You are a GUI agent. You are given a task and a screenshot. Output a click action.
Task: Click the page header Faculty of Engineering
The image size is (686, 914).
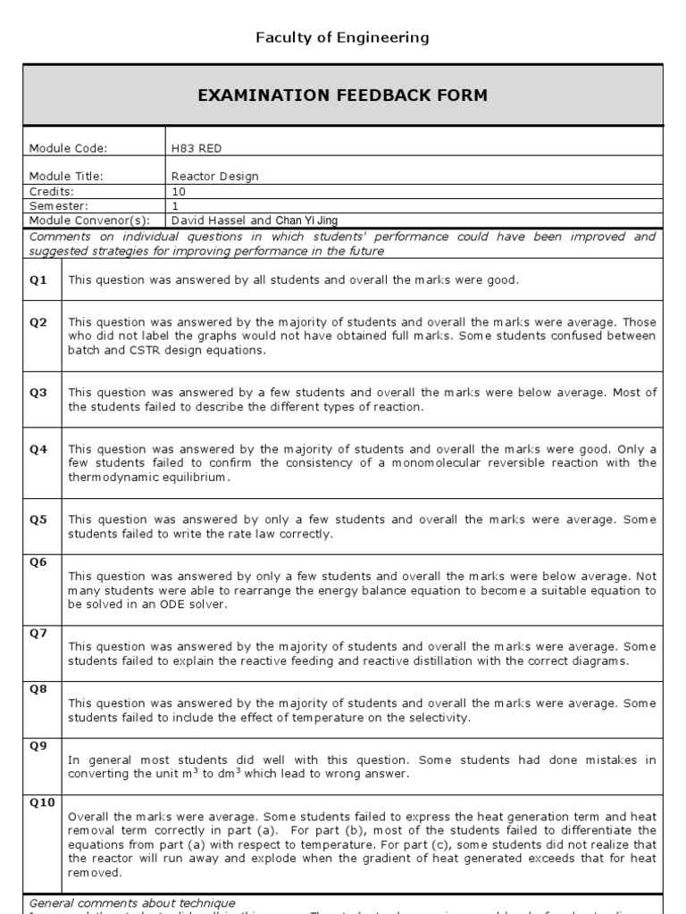click(x=343, y=37)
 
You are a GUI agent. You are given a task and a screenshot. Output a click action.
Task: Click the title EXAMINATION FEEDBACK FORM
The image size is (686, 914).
click(x=343, y=96)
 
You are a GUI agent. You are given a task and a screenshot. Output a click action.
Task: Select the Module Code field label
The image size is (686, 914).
click(x=69, y=147)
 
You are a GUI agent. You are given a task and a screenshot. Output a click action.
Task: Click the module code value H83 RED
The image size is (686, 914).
click(x=195, y=147)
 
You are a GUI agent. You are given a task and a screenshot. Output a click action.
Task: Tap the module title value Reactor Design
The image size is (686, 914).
click(x=214, y=176)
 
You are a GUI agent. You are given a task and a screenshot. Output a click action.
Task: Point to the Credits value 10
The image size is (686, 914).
click(x=178, y=191)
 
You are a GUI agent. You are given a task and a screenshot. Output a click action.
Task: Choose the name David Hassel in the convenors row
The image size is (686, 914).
click(x=207, y=220)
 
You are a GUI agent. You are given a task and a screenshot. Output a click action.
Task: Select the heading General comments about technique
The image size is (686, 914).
click(x=132, y=903)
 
